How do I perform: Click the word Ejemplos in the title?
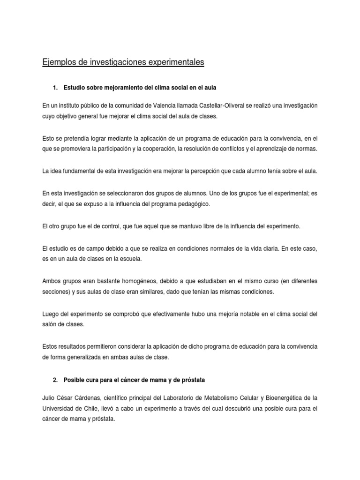click(58, 62)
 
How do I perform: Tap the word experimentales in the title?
click(176, 62)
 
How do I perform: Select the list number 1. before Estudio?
click(56, 88)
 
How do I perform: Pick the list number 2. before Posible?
click(56, 380)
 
